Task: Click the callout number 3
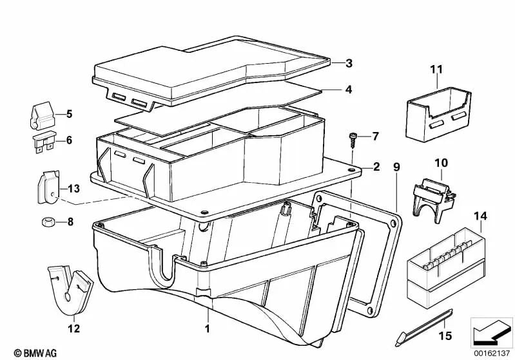[x=348, y=63]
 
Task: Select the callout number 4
[x=348, y=90]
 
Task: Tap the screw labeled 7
[x=354, y=137]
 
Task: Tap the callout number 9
[x=396, y=167]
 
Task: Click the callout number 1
[x=208, y=328]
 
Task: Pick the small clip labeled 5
[x=43, y=114]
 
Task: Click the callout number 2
[x=376, y=167]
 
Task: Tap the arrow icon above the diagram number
[x=492, y=332]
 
